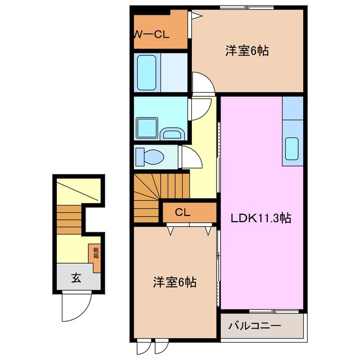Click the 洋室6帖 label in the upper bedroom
coord(247,51)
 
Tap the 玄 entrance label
coord(75,277)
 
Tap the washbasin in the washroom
coord(170,133)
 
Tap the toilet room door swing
coord(190,156)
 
